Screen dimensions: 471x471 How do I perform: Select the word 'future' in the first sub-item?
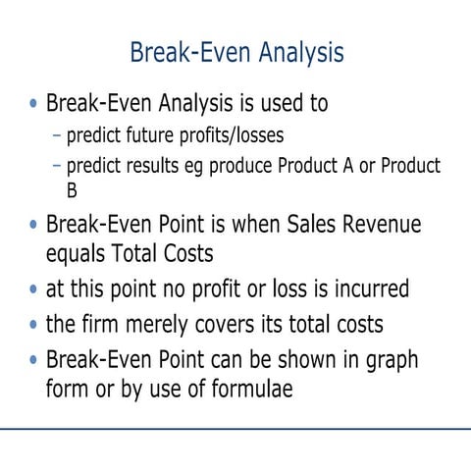coord(146,134)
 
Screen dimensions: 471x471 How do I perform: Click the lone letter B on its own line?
coord(72,190)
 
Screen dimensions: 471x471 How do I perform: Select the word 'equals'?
coord(80,253)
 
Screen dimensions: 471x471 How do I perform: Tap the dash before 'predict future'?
coord(58,134)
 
